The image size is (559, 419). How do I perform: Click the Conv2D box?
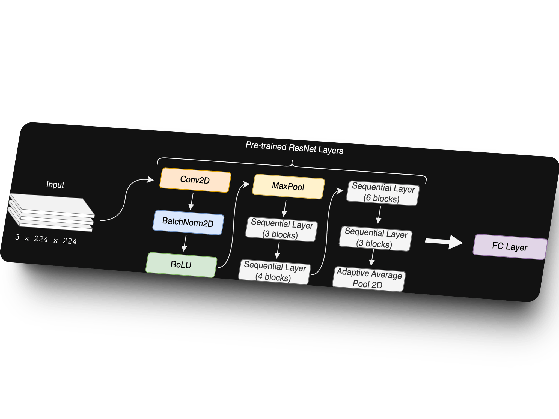point(195,180)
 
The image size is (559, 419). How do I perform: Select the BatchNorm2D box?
point(188,222)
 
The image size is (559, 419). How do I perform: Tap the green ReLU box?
point(181,265)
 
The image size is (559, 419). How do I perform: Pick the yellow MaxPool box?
point(288,187)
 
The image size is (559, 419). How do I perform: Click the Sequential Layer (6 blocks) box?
point(382,193)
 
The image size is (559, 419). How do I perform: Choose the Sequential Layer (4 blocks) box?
point(274,272)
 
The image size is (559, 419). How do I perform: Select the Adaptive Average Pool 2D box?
point(368,279)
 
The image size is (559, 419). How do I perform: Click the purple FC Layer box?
point(510,247)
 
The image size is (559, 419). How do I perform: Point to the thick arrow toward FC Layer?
point(444,242)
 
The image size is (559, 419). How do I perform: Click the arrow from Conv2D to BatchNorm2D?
point(192,202)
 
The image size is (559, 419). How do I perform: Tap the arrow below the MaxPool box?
point(285,208)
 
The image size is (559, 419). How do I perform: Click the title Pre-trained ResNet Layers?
point(294,148)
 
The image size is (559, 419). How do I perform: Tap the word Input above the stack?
point(55,185)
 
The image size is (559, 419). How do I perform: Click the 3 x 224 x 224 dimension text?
point(46,239)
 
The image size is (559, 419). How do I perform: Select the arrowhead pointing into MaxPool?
point(247,184)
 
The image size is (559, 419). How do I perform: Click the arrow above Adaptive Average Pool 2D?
point(372,258)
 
